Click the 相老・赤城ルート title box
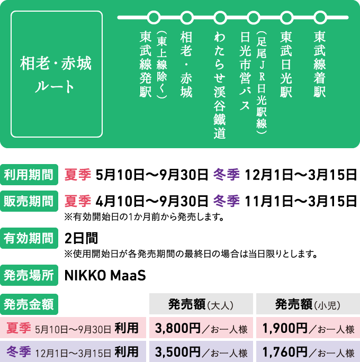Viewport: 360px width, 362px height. point(57,74)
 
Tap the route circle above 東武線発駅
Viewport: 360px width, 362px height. point(154,17)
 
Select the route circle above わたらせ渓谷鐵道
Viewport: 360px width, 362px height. point(220,17)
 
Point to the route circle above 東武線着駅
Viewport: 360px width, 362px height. point(320,17)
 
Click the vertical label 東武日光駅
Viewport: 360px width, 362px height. point(286,65)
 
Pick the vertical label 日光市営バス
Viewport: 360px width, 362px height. point(245,71)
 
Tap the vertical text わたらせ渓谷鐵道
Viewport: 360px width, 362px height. point(220,85)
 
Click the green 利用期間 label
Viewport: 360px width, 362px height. point(29,175)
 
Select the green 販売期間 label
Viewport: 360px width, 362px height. point(29,201)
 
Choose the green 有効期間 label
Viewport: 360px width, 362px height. point(29,238)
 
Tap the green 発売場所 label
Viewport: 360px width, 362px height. point(29,275)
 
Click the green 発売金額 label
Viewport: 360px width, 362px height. point(29,304)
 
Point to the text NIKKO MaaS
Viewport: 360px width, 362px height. point(105,275)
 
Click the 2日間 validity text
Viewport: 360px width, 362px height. point(82,238)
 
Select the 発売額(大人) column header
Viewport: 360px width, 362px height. point(201,304)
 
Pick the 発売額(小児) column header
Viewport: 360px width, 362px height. point(308,304)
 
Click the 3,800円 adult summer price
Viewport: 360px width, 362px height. point(177,328)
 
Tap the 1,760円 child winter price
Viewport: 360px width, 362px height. point(285,352)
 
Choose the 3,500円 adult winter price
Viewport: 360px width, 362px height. point(177,352)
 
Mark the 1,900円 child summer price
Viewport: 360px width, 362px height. point(285,328)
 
